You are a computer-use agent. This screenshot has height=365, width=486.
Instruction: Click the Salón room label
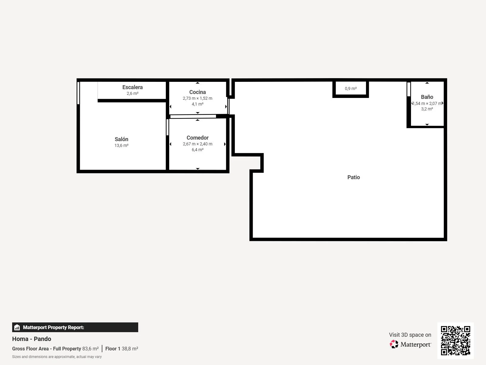pyautogui.click(x=121, y=139)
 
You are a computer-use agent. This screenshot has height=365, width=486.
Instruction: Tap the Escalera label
pyautogui.click(x=132, y=87)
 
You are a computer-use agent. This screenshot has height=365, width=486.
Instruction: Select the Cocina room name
pyautogui.click(x=197, y=92)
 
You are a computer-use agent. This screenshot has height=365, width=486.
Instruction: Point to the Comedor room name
pyautogui.click(x=197, y=137)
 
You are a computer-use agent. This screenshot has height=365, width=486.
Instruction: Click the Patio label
pyautogui.click(x=354, y=177)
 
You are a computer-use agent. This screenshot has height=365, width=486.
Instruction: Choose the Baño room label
pyautogui.click(x=427, y=97)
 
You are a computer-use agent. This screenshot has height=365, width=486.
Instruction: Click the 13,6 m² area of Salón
pyautogui.click(x=121, y=145)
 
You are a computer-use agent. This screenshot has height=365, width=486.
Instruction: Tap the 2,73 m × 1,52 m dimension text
pyautogui.click(x=197, y=98)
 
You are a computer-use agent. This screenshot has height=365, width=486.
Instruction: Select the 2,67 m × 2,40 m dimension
pyautogui.click(x=197, y=144)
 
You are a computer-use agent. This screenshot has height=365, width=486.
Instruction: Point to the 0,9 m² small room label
pyautogui.click(x=351, y=89)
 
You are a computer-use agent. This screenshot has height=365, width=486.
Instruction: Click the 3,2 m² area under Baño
pyautogui.click(x=427, y=109)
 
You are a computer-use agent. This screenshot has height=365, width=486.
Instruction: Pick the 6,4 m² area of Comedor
pyautogui.click(x=197, y=150)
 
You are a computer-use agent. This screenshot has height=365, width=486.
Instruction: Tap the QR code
pyautogui.click(x=455, y=341)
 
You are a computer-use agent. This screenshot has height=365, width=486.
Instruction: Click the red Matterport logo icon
pyautogui.click(x=394, y=344)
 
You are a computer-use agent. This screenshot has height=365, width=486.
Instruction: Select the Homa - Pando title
pyautogui.click(x=32, y=339)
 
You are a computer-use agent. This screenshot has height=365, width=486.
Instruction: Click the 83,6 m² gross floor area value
pyautogui.click(x=90, y=349)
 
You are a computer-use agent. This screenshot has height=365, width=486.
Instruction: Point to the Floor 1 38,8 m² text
pyautogui.click(x=122, y=349)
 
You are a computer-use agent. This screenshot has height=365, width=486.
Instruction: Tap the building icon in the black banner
pyautogui.click(x=17, y=327)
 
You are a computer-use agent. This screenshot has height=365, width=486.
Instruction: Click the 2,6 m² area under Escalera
pyautogui.click(x=132, y=93)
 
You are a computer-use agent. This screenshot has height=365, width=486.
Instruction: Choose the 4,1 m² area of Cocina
pyautogui.click(x=197, y=104)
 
